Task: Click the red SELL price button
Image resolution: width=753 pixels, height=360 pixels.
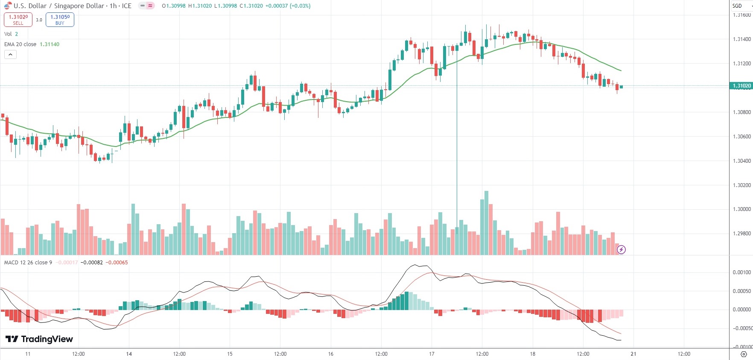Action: tap(18, 20)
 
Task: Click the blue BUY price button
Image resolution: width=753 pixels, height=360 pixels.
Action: tap(60, 20)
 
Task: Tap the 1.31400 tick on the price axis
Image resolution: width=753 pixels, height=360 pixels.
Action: tap(741, 39)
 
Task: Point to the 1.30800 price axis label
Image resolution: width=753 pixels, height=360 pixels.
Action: tap(741, 112)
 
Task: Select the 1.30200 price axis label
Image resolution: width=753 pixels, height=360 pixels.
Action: tap(741, 185)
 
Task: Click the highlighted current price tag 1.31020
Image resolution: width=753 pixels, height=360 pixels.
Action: tap(741, 86)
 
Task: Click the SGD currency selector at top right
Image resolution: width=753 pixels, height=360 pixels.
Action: tap(740, 6)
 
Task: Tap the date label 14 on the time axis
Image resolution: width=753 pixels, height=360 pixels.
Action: tap(129, 354)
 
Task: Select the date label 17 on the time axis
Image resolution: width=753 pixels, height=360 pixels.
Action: tap(432, 354)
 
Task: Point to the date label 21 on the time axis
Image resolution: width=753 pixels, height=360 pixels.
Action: tap(633, 354)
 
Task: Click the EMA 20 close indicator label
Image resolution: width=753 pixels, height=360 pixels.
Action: tap(20, 44)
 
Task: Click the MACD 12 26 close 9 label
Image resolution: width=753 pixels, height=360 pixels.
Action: tap(28, 263)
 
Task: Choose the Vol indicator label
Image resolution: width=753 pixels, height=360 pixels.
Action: tap(8, 34)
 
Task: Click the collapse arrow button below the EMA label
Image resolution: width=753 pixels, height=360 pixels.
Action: tap(10, 55)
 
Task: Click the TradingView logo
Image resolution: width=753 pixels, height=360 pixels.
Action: tap(39, 339)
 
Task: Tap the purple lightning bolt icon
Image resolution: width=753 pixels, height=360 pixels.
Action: tap(621, 249)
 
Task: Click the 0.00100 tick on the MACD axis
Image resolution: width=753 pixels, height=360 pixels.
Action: tap(741, 272)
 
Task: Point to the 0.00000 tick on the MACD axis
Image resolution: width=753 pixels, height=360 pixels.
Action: tap(741, 310)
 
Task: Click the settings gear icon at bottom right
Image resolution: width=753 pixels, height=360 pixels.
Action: tap(743, 354)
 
